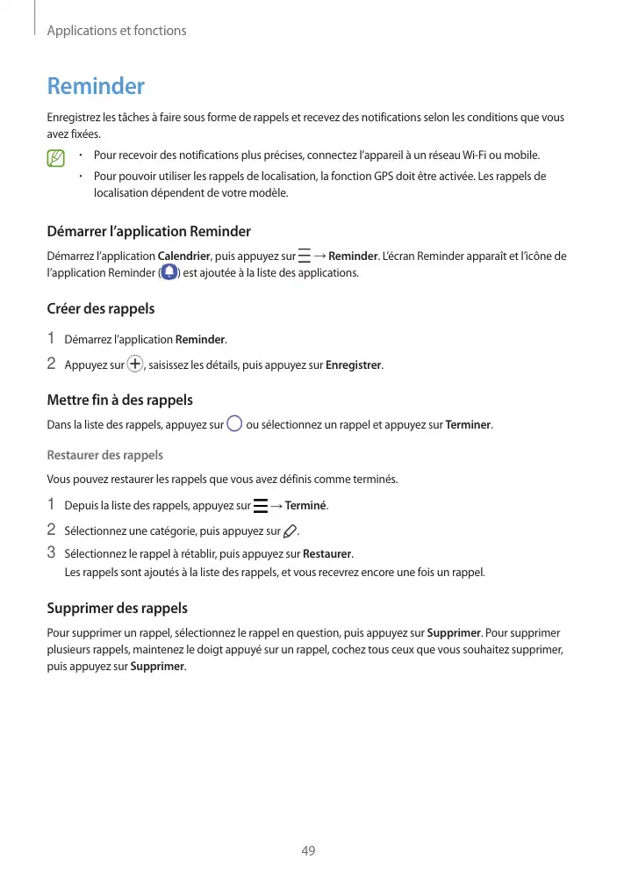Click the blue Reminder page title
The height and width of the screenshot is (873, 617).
pos(95,87)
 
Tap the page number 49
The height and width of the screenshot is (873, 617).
pos(308,850)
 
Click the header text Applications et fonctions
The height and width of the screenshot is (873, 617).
pos(116,31)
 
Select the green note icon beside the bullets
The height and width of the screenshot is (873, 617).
pos(57,159)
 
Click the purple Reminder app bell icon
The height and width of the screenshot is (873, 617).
pos(169,273)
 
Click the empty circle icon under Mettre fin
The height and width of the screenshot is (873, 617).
pos(234,425)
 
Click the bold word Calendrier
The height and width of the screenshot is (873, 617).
pos(183,256)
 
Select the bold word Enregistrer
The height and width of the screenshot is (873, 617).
pos(354,364)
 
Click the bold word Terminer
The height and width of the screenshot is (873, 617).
pos(469,426)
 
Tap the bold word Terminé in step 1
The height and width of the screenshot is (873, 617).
pos(306,506)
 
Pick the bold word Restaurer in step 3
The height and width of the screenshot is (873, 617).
pos(326,554)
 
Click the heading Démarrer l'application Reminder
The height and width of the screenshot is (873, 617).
pos(148,232)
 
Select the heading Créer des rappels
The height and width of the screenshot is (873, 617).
pos(100,309)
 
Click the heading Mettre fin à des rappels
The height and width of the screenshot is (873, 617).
pos(119,400)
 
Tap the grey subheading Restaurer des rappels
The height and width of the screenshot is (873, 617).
pos(104,455)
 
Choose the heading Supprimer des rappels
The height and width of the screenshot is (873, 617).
pos(117,609)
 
